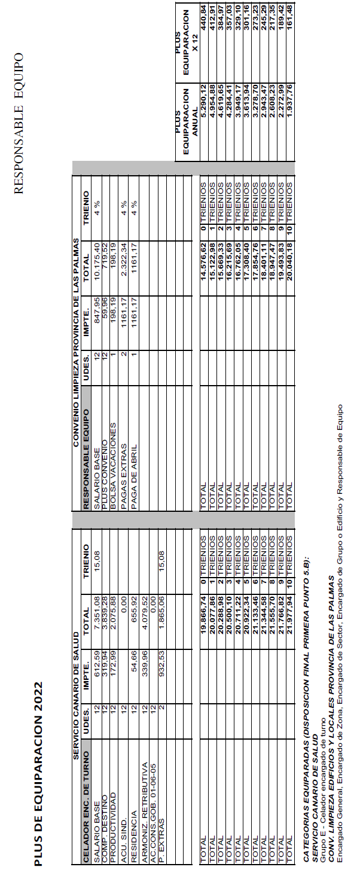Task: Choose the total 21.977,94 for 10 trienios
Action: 291,619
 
